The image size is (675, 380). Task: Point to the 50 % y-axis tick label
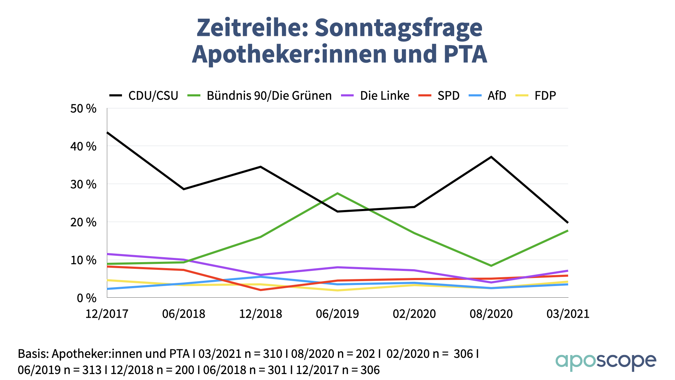point(83,109)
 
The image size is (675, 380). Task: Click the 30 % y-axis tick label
point(83,184)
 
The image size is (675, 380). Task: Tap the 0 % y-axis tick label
point(86,298)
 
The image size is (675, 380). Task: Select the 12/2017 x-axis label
point(107,314)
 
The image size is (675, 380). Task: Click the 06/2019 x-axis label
point(337,314)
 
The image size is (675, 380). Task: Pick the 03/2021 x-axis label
point(567,314)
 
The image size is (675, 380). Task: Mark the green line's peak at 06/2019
point(337,193)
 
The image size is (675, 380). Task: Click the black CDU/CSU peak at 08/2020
point(491,157)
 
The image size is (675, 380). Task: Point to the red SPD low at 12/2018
point(261,290)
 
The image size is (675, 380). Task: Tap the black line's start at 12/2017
point(107,133)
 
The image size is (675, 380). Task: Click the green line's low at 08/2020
point(491,266)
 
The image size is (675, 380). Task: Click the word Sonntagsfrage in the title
point(398,27)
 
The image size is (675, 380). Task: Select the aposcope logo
point(605,362)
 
